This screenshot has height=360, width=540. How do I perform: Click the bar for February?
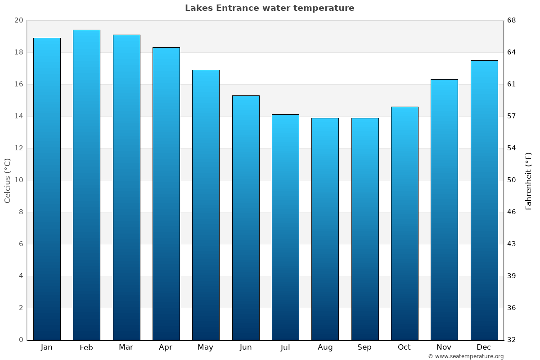tap(86, 184)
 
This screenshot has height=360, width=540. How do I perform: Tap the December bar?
tap(484, 200)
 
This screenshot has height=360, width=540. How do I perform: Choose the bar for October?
tap(405, 223)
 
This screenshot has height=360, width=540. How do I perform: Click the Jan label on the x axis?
tap(46, 347)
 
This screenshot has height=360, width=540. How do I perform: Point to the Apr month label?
tap(166, 347)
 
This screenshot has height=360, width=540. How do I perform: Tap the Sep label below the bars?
tap(364, 347)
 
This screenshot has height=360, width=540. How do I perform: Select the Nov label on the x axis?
tap(444, 347)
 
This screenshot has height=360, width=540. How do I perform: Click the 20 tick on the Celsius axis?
tap(18, 21)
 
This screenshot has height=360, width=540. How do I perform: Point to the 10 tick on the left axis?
tap(18, 180)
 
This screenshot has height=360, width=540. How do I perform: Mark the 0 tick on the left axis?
tap(21, 340)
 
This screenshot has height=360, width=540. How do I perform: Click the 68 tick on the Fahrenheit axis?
tap(512, 21)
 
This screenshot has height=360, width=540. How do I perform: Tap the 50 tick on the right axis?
tap(512, 180)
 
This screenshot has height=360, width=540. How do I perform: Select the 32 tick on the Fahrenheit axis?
tap(512, 340)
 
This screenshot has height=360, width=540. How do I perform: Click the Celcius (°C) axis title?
tap(7, 180)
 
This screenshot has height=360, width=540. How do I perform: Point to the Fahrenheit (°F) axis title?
tap(528, 180)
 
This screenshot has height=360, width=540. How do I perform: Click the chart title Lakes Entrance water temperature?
tap(270, 8)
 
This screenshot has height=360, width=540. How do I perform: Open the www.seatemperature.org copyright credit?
tap(466, 356)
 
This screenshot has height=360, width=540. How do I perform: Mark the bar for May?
tap(206, 205)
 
